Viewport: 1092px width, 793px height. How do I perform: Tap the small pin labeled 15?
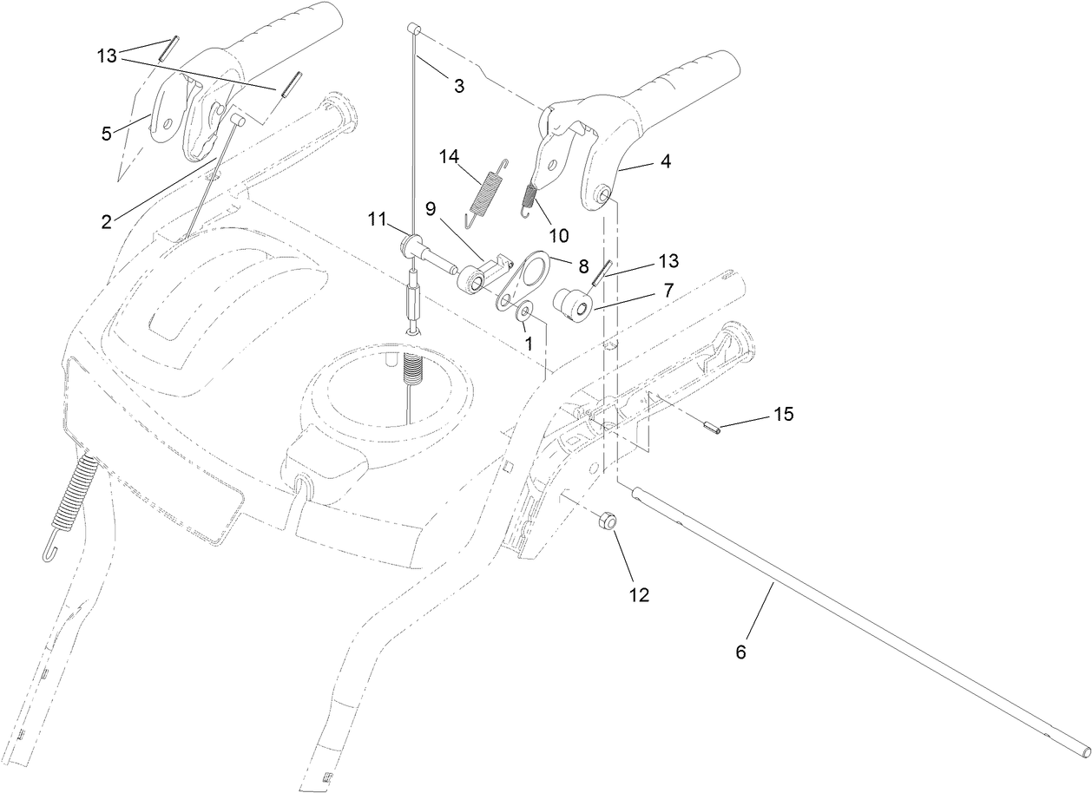tap(713, 428)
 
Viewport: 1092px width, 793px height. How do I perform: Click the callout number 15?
tap(783, 415)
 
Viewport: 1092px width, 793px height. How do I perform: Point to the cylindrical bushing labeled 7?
tap(574, 305)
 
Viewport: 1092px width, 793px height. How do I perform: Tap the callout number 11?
tap(375, 220)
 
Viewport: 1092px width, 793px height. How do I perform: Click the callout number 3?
tap(458, 85)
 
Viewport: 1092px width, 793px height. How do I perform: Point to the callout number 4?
tap(665, 161)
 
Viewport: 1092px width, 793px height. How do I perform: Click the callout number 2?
tap(105, 221)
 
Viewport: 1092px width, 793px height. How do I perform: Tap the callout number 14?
tap(448, 158)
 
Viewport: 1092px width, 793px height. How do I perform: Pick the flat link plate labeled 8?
tap(523, 278)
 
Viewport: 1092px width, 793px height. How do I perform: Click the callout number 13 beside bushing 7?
tap(668, 260)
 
